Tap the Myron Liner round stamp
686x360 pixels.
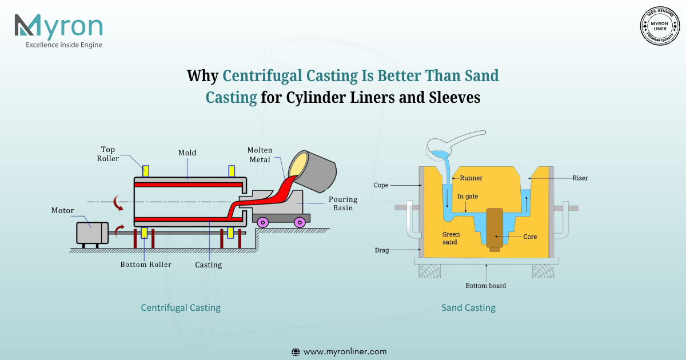[x=660, y=26]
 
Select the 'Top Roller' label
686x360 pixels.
[x=108, y=154]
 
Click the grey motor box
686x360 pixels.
[x=92, y=233]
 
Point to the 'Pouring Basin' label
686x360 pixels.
[x=343, y=203]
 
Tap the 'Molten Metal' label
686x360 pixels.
[x=260, y=155]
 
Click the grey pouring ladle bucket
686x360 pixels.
[x=312, y=171]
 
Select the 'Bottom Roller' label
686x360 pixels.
[x=146, y=265]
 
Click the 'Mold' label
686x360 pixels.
[x=187, y=153]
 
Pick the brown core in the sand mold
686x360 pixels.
[x=494, y=230]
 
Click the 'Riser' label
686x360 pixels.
[x=580, y=178]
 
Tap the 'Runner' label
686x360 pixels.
[x=471, y=178]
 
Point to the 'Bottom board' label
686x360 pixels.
[x=486, y=286]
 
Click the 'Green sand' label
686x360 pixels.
[x=451, y=238]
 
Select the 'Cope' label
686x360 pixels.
[x=381, y=185]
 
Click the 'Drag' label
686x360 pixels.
[x=382, y=250]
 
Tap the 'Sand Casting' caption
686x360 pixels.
[x=468, y=307]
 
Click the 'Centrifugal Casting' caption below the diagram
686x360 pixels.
[x=181, y=307]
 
